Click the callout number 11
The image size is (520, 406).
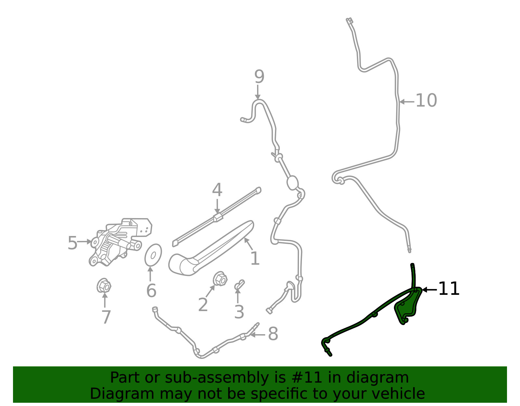(449, 289)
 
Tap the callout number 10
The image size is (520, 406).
(426, 100)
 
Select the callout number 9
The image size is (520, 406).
(259, 77)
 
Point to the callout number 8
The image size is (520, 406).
(273, 334)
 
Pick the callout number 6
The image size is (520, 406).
(151, 291)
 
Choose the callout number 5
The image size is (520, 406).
(72, 243)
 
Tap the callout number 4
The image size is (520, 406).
(217, 190)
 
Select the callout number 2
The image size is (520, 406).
(203, 305)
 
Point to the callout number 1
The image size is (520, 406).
(255, 258)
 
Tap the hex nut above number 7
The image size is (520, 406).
(104, 286)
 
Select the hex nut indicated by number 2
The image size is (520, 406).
(220, 279)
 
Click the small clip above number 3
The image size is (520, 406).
(239, 284)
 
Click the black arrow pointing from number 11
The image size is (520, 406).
(429, 290)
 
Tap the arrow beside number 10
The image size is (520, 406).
(407, 102)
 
